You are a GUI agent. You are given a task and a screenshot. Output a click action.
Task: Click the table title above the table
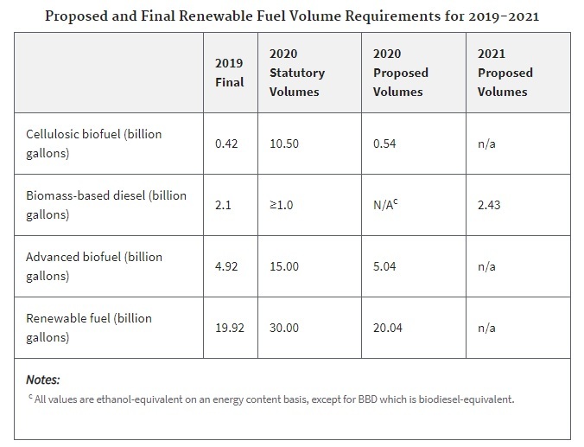click(291, 16)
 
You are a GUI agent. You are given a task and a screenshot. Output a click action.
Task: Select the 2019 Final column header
click(230, 73)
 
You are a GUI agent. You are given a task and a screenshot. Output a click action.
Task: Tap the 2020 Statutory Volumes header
click(296, 73)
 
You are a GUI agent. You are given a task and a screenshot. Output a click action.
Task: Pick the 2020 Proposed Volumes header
click(400, 73)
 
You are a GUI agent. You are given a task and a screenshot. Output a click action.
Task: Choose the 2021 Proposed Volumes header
click(505, 73)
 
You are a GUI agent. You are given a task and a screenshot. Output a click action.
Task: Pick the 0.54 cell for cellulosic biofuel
click(384, 144)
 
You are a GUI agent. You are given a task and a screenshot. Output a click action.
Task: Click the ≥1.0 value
click(281, 205)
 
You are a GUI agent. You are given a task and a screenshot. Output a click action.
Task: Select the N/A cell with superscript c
click(386, 205)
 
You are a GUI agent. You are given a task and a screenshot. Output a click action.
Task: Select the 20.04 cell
click(388, 328)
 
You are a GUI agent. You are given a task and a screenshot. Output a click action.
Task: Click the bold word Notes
click(42, 380)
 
